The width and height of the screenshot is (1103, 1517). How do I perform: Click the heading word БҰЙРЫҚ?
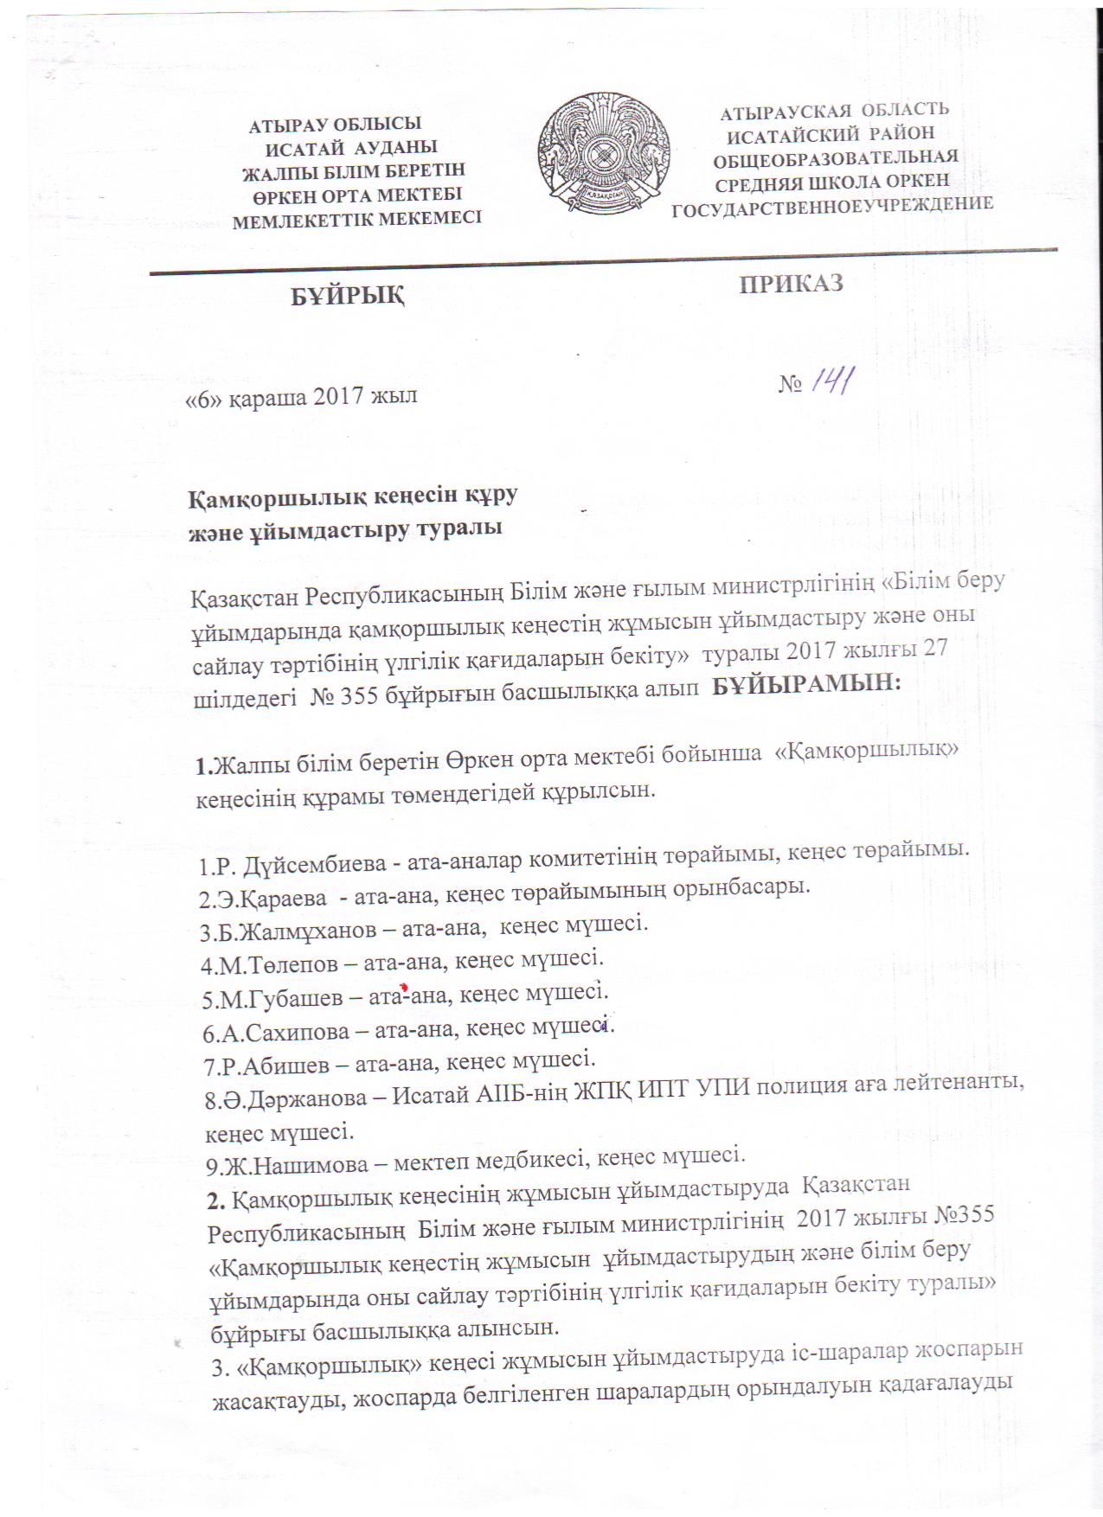pyautogui.click(x=346, y=297)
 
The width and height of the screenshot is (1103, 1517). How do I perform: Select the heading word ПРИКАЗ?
pyautogui.click(x=791, y=284)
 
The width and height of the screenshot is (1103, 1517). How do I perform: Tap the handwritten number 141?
pyautogui.click(x=831, y=379)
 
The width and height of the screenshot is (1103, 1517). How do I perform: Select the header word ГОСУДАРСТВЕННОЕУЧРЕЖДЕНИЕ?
pyautogui.click(x=832, y=205)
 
